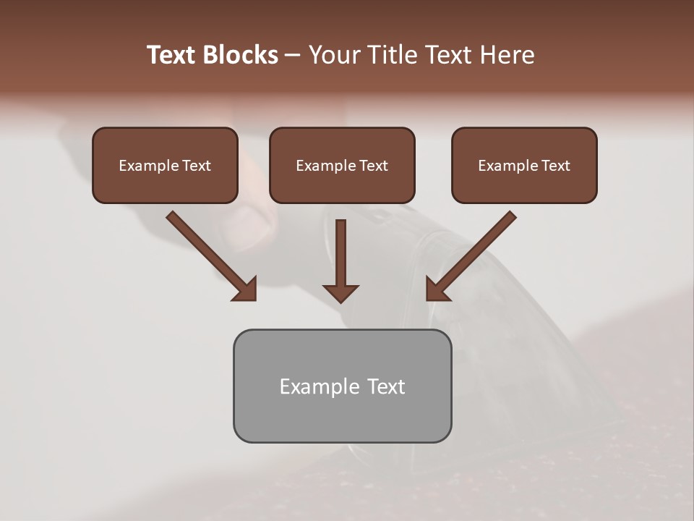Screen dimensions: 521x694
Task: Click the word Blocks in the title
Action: coord(242,55)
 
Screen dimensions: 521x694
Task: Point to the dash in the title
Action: coord(293,56)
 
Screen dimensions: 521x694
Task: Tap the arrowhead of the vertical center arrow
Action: coord(340,292)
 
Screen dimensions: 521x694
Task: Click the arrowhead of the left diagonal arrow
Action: coord(246,289)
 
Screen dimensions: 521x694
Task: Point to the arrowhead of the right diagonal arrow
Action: coord(436,289)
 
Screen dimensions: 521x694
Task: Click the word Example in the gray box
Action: coord(309,386)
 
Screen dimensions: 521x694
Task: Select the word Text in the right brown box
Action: coord(555,166)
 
